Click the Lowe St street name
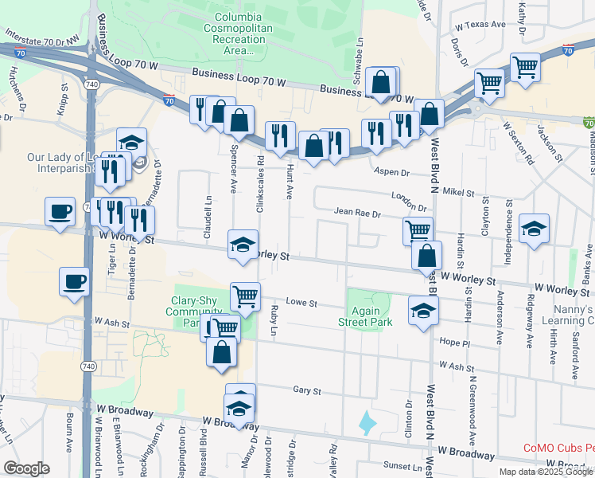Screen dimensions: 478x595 pyautogui.click(x=301, y=304)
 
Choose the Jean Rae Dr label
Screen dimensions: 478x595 pyautogui.click(x=357, y=214)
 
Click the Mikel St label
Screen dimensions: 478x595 pyautogui.click(x=458, y=193)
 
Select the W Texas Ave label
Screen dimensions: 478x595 pyautogui.click(x=484, y=25)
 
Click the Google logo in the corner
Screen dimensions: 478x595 pyautogui.click(x=26, y=468)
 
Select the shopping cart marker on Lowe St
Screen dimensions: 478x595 pyautogui.click(x=246, y=296)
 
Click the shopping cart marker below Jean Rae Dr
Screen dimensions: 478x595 pyautogui.click(x=418, y=231)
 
